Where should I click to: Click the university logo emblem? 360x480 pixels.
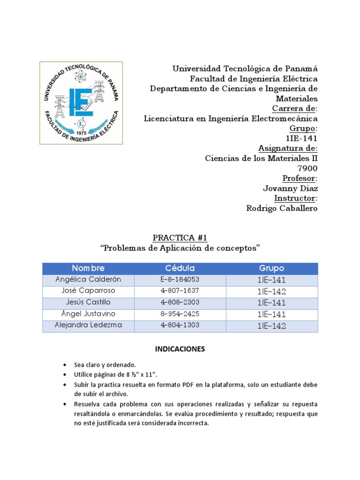point(81,103)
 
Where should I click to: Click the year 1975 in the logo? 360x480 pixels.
point(82,133)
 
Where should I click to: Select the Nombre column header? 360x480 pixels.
point(88,269)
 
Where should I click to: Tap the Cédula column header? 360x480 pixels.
point(180,269)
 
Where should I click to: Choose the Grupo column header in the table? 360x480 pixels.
point(272,269)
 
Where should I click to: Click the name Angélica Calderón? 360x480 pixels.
point(88,280)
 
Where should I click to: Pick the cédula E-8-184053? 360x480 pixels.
point(180,280)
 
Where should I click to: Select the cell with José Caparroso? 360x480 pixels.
point(88,291)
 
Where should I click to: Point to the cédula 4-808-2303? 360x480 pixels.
point(180,303)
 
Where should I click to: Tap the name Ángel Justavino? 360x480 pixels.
point(88,314)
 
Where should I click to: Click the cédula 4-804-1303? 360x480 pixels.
point(180,326)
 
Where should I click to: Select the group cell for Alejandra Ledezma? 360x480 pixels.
point(272,326)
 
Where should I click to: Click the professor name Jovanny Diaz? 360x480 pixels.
point(290,188)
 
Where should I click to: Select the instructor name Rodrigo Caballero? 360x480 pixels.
point(282,208)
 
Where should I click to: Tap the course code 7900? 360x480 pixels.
point(307,168)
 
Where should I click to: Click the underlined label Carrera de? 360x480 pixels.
point(291,109)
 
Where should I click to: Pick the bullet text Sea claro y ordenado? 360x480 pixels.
point(104,365)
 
